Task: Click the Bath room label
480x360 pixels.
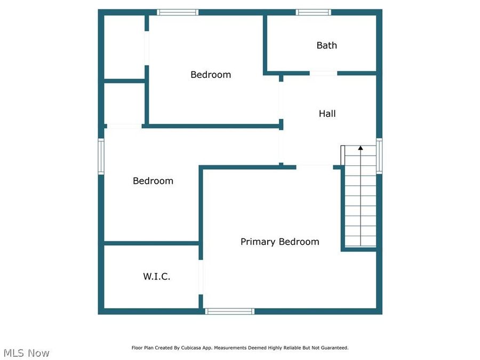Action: (326, 45)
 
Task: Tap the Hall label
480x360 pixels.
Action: (327, 114)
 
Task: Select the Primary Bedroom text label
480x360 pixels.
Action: (279, 242)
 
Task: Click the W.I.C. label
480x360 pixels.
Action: (156, 276)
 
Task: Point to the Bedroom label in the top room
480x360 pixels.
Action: (211, 75)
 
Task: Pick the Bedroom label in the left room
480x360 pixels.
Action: (153, 181)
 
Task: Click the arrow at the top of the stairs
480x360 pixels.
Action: (361, 148)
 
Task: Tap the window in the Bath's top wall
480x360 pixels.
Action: (314, 12)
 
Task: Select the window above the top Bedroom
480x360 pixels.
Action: (178, 12)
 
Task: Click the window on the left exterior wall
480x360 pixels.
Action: (101, 156)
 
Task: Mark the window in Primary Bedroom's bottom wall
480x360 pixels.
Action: (230, 311)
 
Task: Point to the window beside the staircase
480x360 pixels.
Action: (379, 156)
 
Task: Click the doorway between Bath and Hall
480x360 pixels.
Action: (323, 73)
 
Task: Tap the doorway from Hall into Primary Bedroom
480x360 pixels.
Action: (315, 167)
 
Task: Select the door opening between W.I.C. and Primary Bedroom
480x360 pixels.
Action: (201, 277)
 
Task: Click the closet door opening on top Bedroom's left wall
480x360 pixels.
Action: (147, 49)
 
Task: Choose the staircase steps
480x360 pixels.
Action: (361, 203)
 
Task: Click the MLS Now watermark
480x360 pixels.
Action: (26, 353)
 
